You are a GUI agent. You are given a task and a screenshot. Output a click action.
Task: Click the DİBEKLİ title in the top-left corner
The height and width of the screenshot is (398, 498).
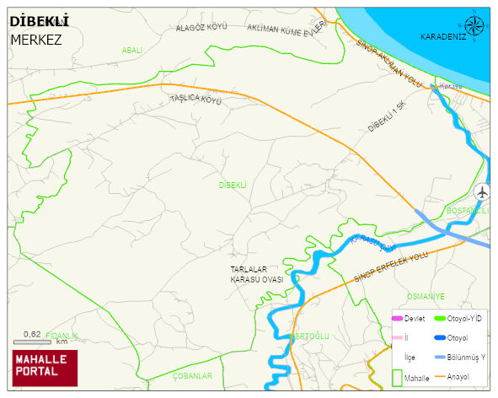point(40,21)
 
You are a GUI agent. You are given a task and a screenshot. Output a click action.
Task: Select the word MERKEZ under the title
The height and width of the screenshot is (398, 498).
point(36,39)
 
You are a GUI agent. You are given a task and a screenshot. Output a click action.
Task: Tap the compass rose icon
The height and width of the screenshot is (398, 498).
point(475,25)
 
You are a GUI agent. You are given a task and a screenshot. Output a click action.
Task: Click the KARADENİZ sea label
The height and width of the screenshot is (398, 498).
point(443,37)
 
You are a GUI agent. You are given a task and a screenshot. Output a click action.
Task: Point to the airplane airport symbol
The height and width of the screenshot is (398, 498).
point(482,191)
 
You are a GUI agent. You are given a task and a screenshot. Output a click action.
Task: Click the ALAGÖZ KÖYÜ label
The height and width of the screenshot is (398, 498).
point(201,28)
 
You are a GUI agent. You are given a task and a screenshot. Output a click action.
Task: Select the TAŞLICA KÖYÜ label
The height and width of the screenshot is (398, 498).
point(195,99)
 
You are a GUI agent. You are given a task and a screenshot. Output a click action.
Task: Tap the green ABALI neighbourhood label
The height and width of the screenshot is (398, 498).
point(132,51)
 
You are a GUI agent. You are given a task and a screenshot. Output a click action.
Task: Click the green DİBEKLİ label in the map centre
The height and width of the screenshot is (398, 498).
point(233,185)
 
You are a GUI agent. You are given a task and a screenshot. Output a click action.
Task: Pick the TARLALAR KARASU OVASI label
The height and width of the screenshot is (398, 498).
point(256,274)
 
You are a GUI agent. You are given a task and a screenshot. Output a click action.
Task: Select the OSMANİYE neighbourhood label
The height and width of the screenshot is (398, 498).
point(425,296)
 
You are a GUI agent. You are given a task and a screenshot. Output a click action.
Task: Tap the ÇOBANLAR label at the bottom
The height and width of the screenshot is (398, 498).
point(192,375)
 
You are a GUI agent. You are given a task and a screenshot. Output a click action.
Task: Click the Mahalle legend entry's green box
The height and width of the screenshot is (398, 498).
point(397,378)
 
